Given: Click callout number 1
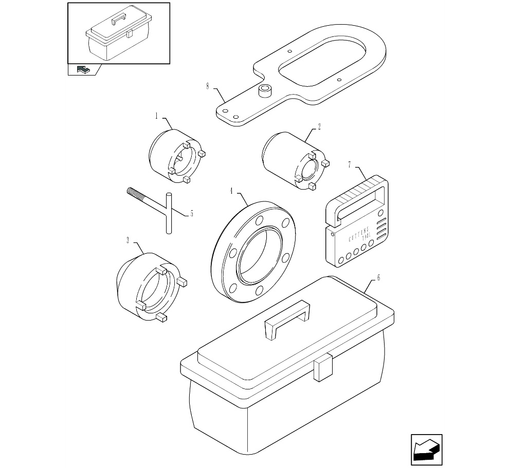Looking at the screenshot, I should (x=156, y=117).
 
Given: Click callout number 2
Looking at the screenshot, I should (x=319, y=126).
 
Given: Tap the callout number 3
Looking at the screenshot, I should (x=127, y=239).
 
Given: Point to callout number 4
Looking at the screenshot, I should (x=231, y=191).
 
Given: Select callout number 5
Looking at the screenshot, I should (x=191, y=213).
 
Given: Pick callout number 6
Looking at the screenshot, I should (x=378, y=278).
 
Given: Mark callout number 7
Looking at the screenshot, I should (x=350, y=165).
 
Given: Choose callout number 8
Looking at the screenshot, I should (x=207, y=86).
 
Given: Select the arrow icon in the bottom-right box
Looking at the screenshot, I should (x=426, y=451).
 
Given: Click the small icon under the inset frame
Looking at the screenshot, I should (x=82, y=69).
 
